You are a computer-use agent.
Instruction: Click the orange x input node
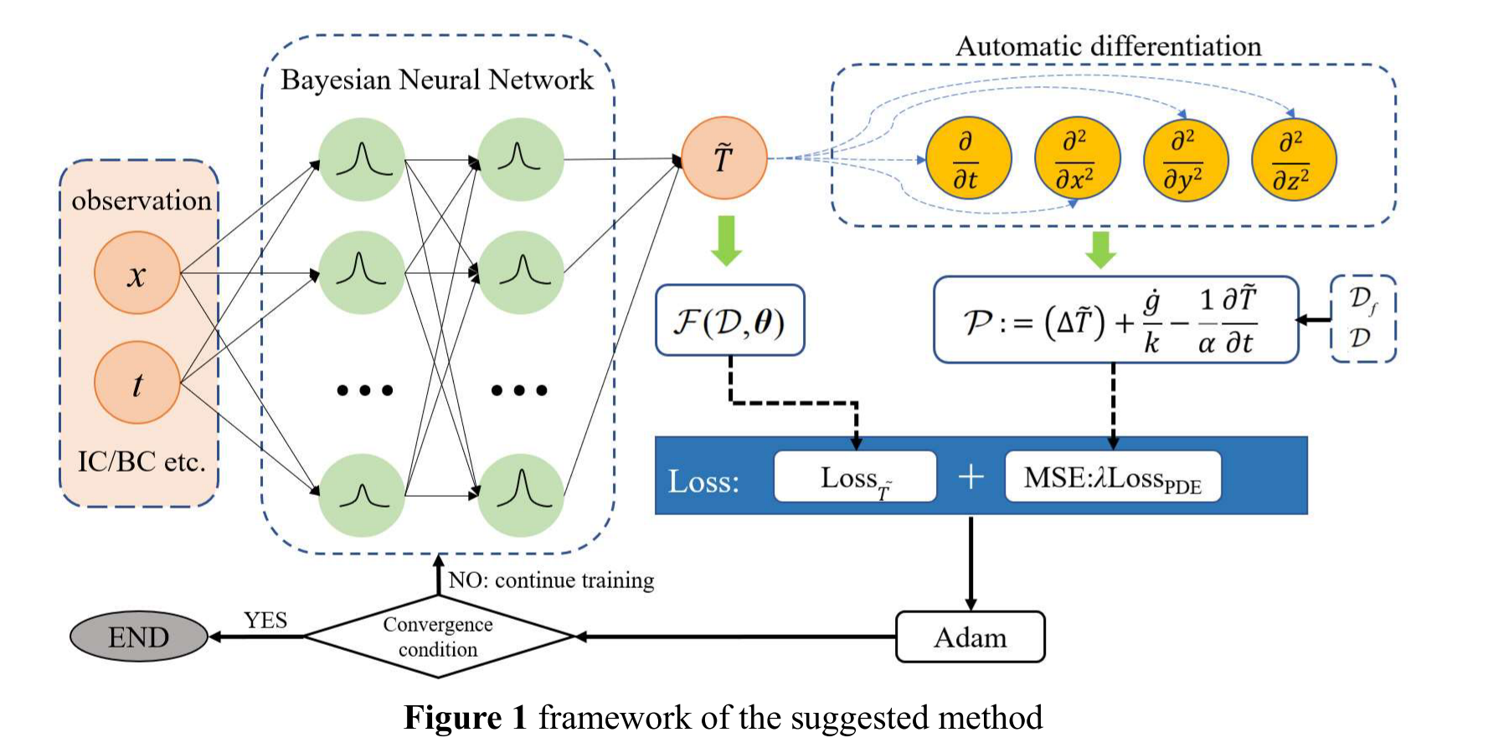pyautogui.click(x=136, y=273)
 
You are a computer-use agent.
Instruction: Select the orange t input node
pyautogui.click(x=136, y=383)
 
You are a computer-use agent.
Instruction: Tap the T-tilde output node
pyautogui.click(x=723, y=157)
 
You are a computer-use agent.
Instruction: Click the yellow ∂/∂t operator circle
pyautogui.click(x=968, y=158)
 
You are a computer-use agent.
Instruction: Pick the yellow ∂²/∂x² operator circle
pyautogui.click(x=1076, y=158)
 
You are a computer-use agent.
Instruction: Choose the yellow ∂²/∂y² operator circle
pyautogui.click(x=1185, y=159)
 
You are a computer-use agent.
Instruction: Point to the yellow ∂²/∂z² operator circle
pyautogui.click(x=1293, y=159)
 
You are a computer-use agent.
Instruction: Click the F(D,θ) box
pyautogui.click(x=729, y=320)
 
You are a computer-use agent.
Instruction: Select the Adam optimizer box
pyautogui.click(x=970, y=637)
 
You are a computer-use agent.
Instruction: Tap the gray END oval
pyautogui.click(x=138, y=637)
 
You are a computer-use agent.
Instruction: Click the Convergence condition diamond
pyautogui.click(x=438, y=637)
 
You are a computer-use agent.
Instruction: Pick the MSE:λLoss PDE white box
pyautogui.click(x=1112, y=477)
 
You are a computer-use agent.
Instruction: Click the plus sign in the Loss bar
pyautogui.click(x=970, y=477)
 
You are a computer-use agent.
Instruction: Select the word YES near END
pyautogui.click(x=265, y=621)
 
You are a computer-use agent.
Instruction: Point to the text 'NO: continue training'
pyautogui.click(x=551, y=580)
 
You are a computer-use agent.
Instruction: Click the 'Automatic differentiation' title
pyautogui.click(x=1108, y=46)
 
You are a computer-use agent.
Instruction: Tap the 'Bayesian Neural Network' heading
pyautogui.click(x=436, y=80)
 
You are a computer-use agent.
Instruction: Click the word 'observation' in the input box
pyautogui.click(x=141, y=200)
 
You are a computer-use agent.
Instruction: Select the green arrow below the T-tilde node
pyautogui.click(x=727, y=240)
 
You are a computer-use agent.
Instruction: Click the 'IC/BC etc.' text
pyautogui.click(x=141, y=462)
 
